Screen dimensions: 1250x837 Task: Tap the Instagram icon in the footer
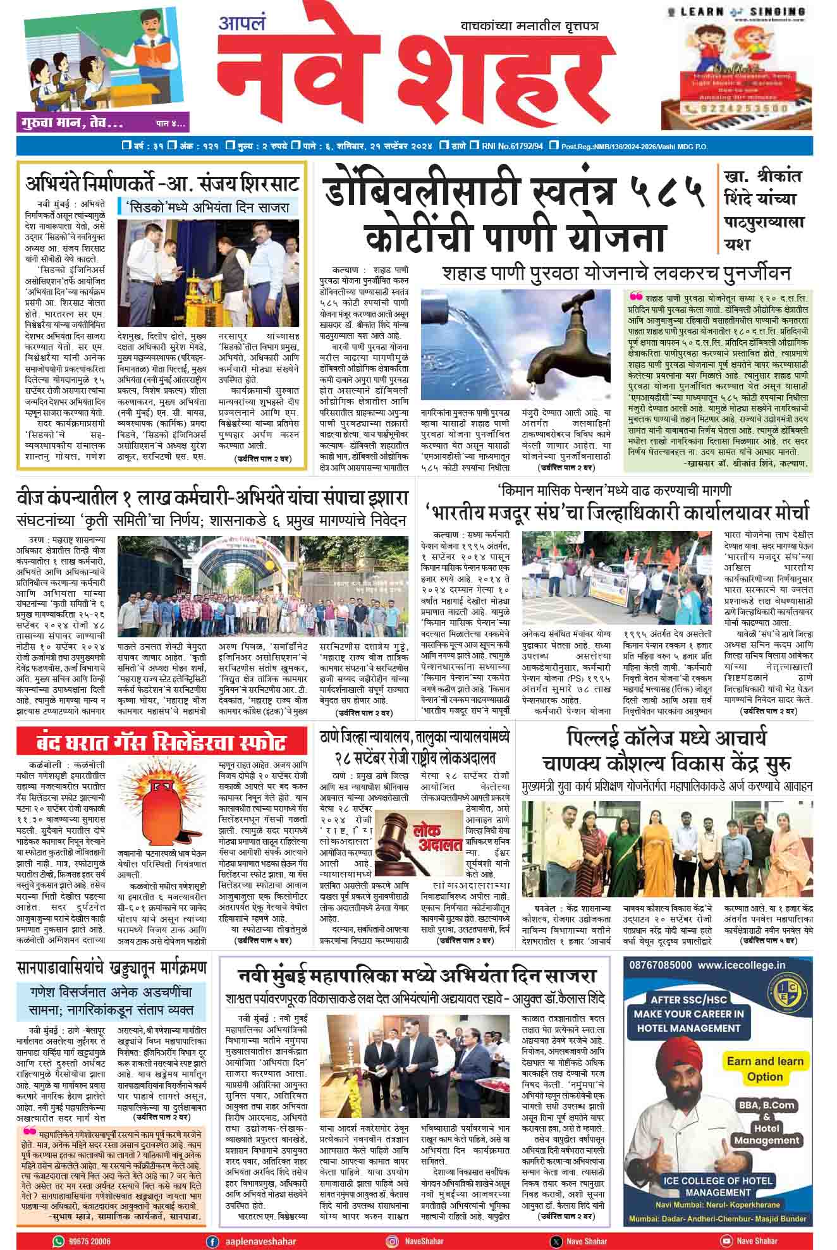[393, 1241]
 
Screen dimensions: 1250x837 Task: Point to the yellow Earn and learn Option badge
[764, 1069]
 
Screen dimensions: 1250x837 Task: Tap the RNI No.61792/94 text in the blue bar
[513, 147]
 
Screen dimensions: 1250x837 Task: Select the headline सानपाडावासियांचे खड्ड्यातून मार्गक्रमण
[112, 967]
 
